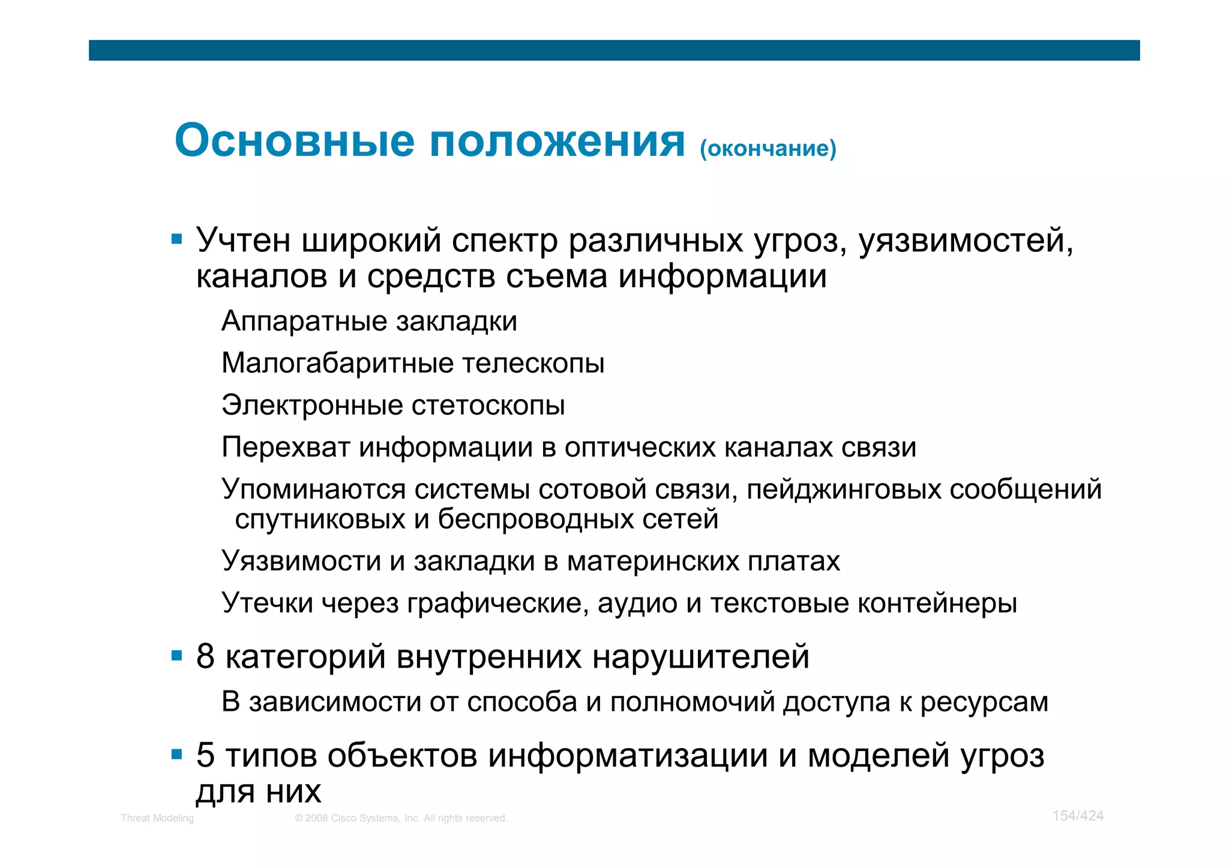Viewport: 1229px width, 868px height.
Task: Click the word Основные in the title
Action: (x=294, y=141)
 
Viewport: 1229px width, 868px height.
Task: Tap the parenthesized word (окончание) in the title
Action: (x=768, y=148)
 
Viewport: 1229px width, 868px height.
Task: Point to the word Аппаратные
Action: (x=303, y=321)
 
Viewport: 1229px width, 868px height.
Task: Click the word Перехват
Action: (x=285, y=447)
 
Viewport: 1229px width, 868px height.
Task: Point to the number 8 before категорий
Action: (x=205, y=656)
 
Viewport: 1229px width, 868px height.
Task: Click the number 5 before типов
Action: (x=205, y=755)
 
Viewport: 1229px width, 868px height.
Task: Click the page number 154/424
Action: (x=1078, y=816)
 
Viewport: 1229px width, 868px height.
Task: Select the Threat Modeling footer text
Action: (x=157, y=818)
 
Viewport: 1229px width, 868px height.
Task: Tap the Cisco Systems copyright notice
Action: (x=401, y=818)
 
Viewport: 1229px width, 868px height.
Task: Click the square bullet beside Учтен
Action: (x=176, y=240)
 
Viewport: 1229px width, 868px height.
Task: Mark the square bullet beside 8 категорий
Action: (x=176, y=656)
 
